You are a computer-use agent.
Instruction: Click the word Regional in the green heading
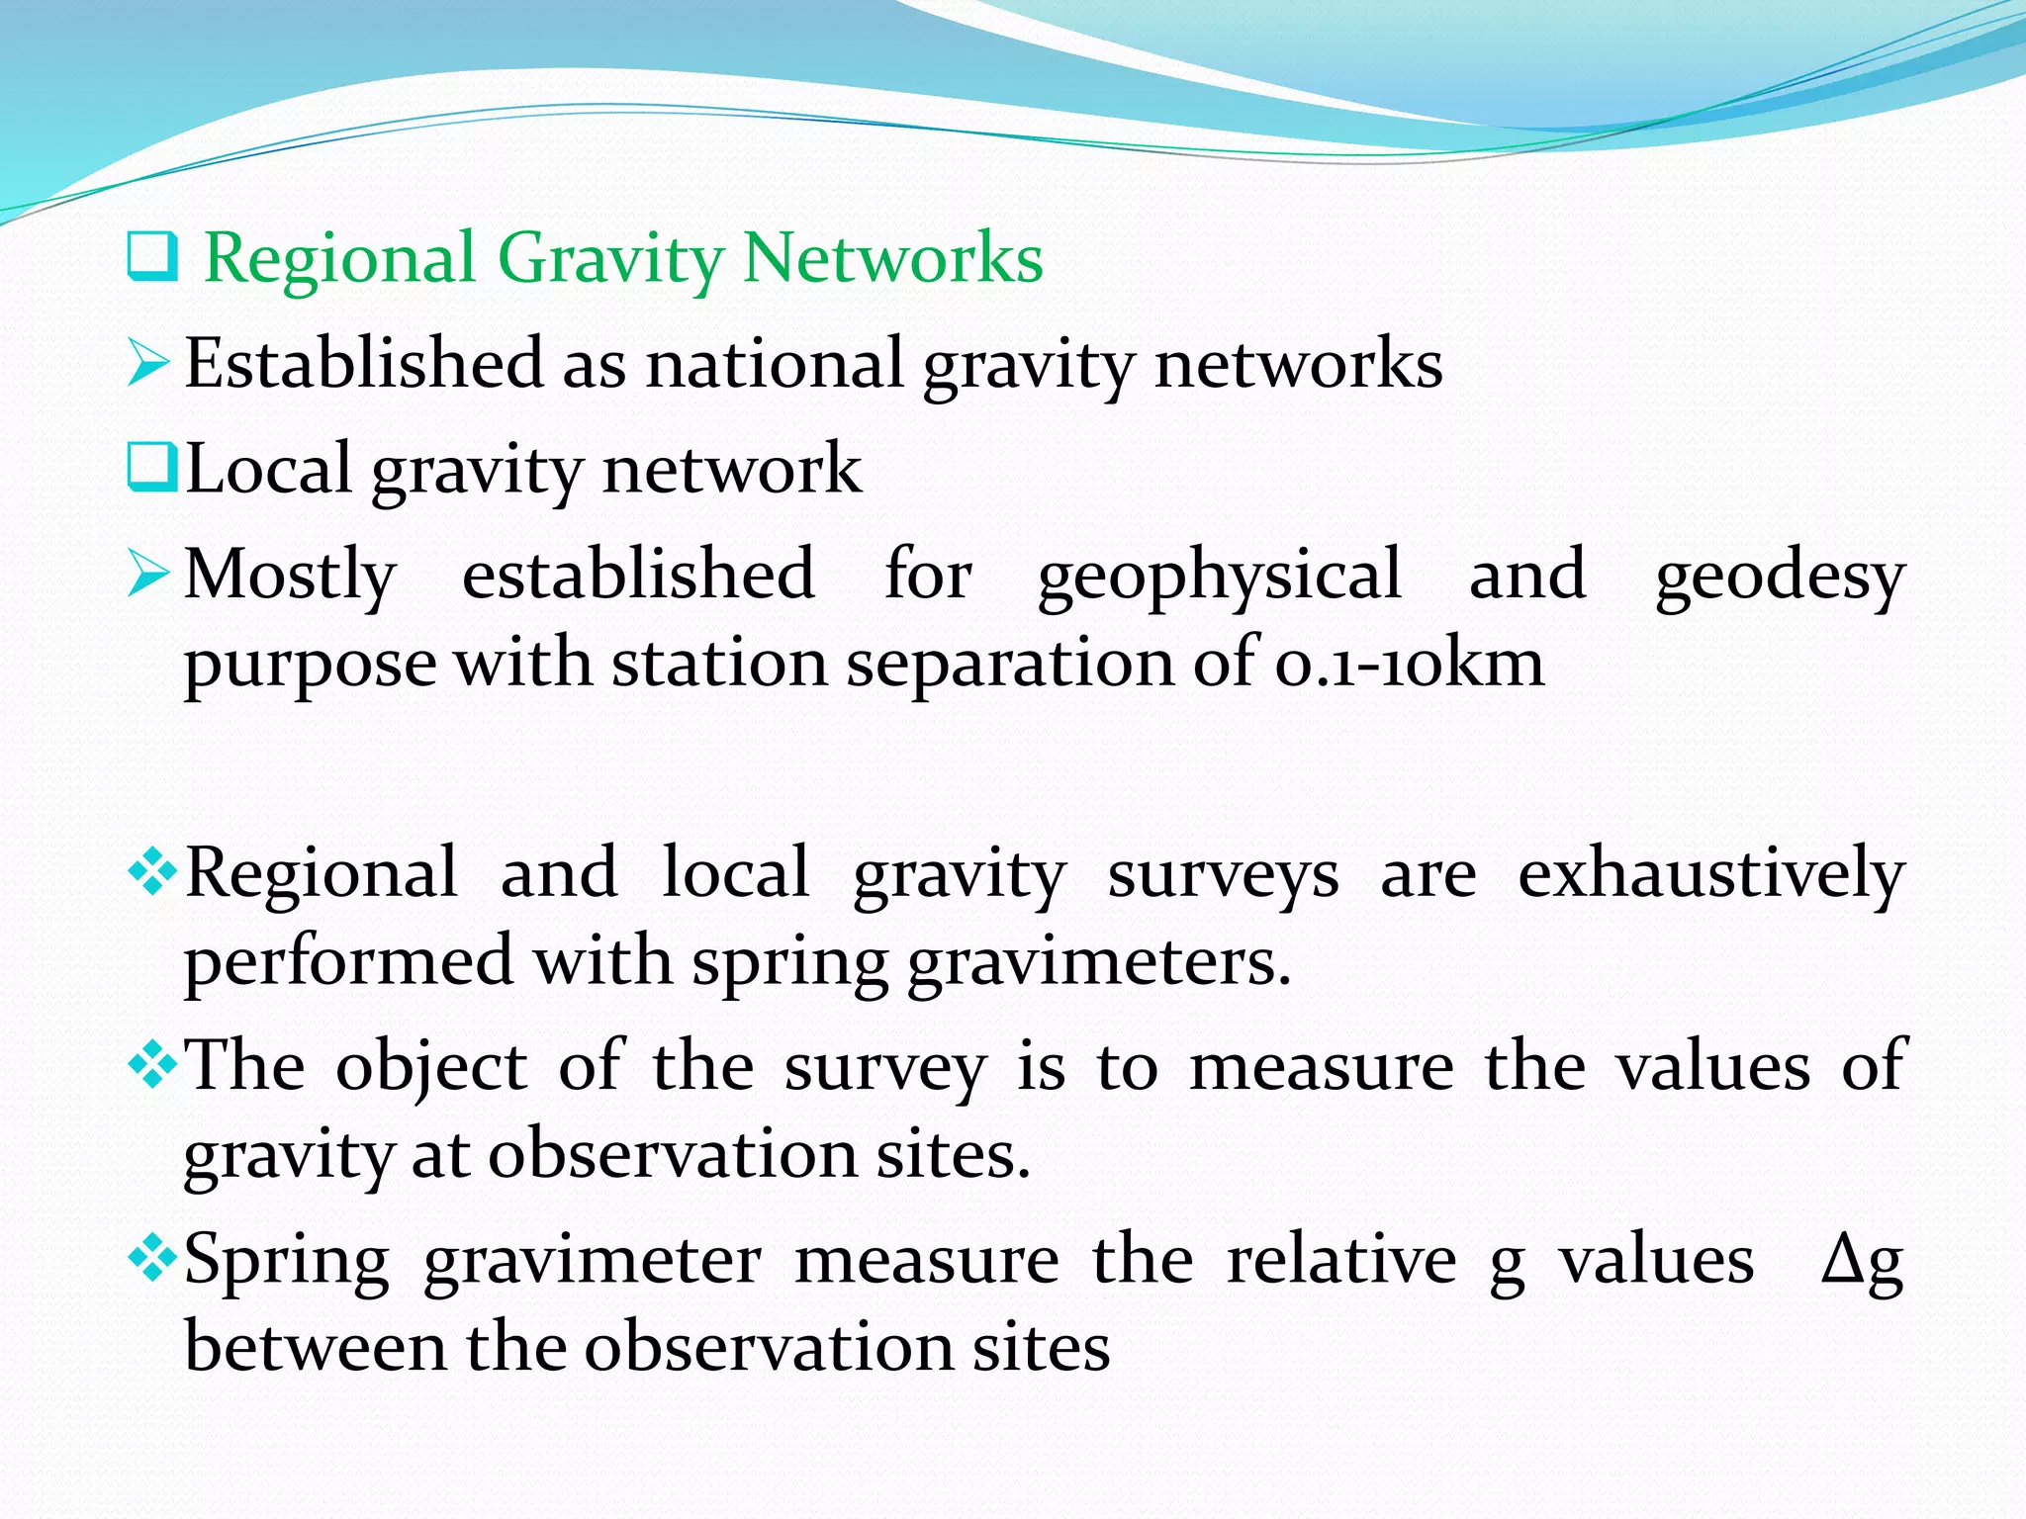pos(339,259)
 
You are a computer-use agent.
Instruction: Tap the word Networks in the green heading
pos(892,259)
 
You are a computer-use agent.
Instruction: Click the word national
pos(774,364)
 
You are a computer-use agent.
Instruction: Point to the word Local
pos(268,469)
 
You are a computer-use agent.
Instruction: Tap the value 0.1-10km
pos(1409,664)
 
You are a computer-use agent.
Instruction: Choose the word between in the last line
pos(316,1347)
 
